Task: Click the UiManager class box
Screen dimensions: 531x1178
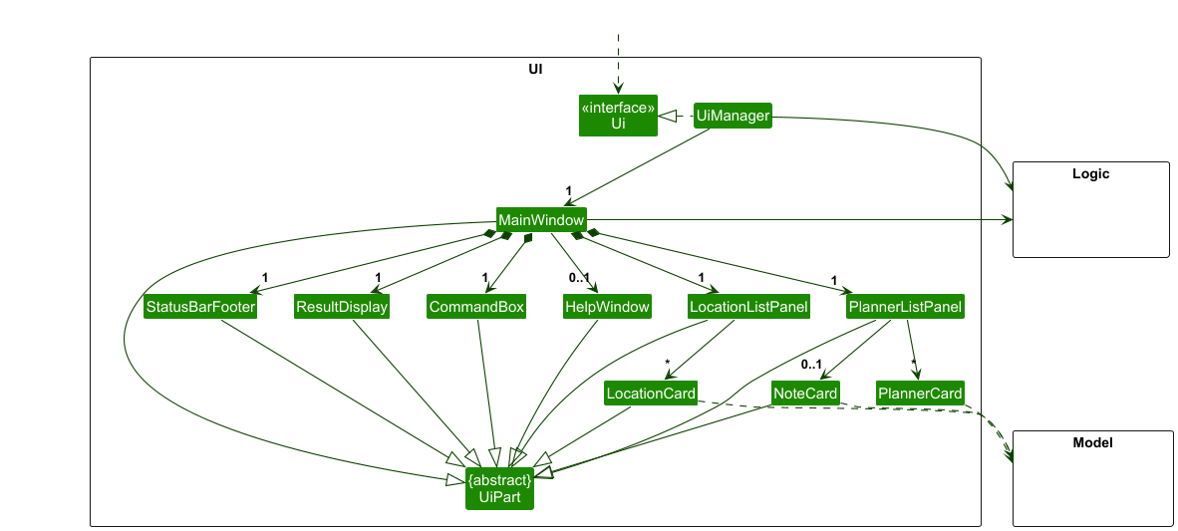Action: click(733, 116)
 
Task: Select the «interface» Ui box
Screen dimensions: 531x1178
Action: click(618, 116)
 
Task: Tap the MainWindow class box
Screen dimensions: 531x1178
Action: click(541, 219)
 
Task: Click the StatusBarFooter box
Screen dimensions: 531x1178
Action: click(200, 307)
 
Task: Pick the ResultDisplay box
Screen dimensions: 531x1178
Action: click(341, 307)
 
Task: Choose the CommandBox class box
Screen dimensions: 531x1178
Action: click(476, 307)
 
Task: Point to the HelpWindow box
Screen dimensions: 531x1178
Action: click(607, 307)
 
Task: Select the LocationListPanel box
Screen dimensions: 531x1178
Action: click(748, 307)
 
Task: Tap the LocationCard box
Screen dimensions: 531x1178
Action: click(651, 393)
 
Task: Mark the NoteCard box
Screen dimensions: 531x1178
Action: click(805, 393)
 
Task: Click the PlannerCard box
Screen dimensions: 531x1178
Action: click(920, 393)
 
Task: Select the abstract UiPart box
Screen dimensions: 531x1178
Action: click(499, 488)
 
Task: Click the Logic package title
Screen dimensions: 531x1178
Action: click(1090, 174)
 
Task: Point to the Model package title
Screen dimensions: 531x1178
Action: click(1092, 442)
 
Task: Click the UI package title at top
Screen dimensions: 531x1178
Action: click(535, 70)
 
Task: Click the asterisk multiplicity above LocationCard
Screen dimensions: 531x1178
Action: click(667, 364)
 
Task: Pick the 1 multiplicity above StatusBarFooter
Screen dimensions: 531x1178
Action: click(265, 278)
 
